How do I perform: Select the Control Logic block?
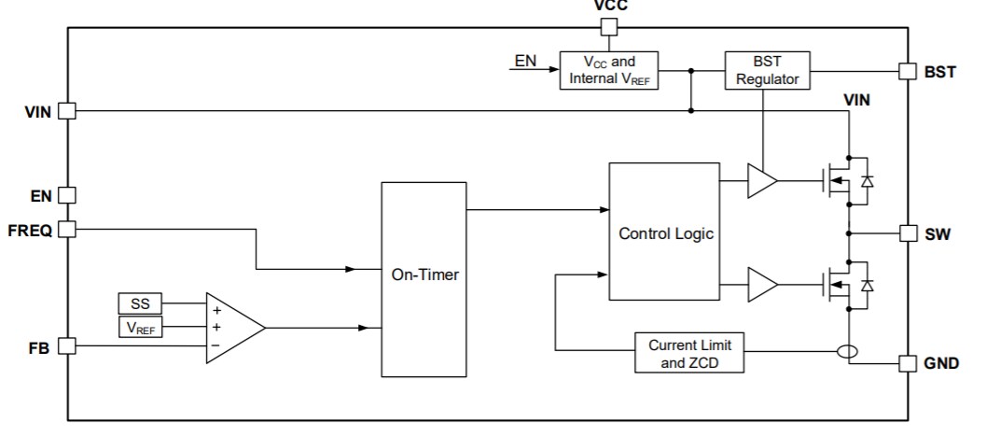coord(664,232)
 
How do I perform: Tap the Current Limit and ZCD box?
coord(689,353)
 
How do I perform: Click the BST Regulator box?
coord(767,71)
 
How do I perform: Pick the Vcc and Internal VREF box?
coord(609,71)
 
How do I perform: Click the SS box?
coord(139,303)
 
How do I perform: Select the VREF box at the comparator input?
coord(139,328)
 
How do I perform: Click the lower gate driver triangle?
coord(761,282)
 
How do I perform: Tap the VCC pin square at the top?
coord(609,27)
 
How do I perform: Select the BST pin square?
coord(906,71)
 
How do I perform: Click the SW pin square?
coord(906,232)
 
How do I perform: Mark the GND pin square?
coord(906,362)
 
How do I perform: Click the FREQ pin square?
coord(66,230)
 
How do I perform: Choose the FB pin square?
coord(66,346)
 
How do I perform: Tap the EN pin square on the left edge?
coord(66,195)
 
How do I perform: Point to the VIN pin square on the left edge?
coord(66,111)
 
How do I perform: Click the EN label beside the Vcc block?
coord(525,62)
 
